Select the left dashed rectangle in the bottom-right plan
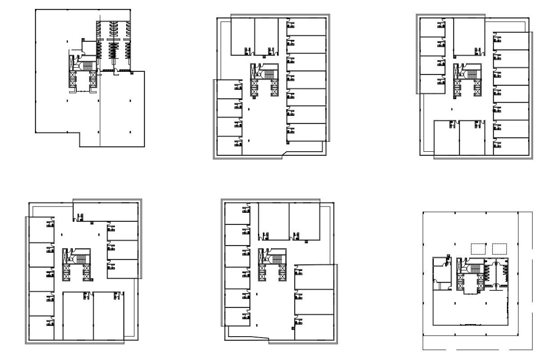tap(478, 248)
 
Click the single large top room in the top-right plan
tap(468, 36)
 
